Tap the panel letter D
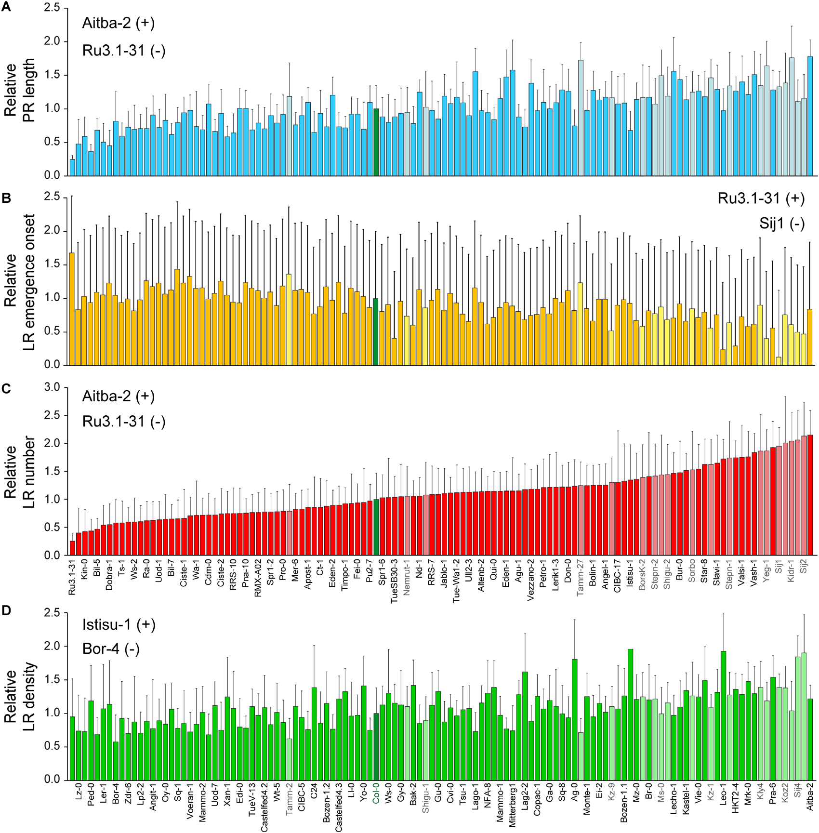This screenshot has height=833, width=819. tap(6, 610)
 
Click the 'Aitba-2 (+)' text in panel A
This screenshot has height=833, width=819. tap(118, 23)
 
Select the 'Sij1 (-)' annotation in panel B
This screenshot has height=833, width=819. tap(781, 224)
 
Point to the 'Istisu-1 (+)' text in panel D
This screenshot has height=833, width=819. tap(119, 624)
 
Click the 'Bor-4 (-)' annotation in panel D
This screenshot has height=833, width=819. tap(111, 649)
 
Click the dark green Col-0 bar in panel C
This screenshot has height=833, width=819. tap(376, 527)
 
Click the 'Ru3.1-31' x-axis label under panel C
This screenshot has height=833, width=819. tap(72, 577)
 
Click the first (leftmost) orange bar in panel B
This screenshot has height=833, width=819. tap(72, 308)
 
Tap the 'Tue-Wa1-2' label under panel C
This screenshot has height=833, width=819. tap(456, 580)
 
